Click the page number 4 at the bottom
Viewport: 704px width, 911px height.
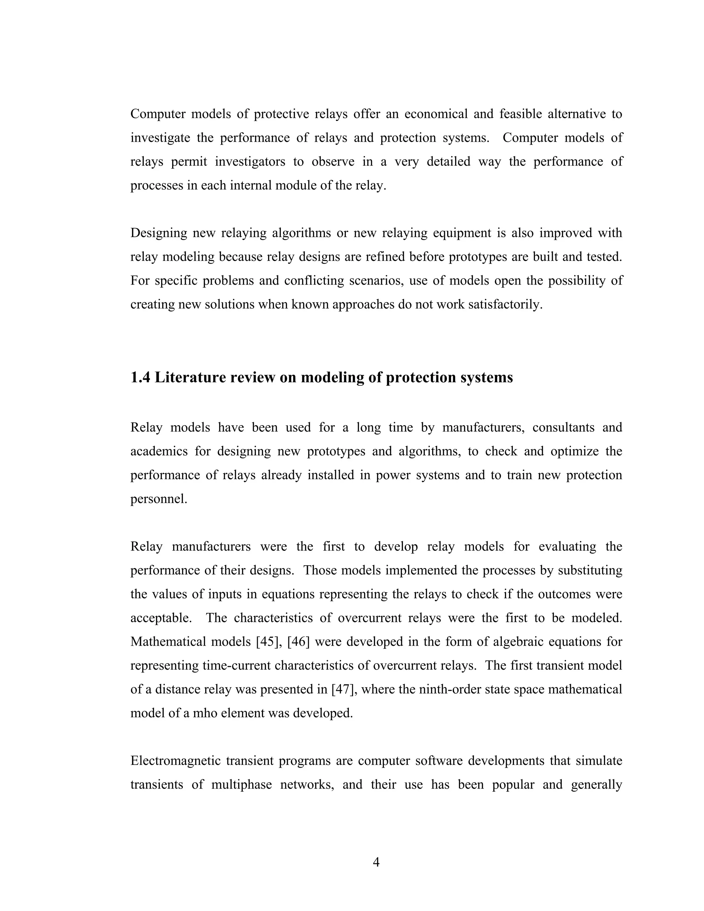376,862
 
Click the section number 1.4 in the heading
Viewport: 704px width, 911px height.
141,377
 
